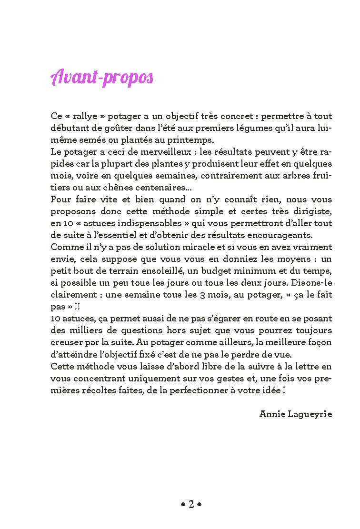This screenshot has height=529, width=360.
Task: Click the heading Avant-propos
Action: click(x=101, y=78)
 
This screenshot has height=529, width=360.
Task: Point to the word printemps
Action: click(x=192, y=140)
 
